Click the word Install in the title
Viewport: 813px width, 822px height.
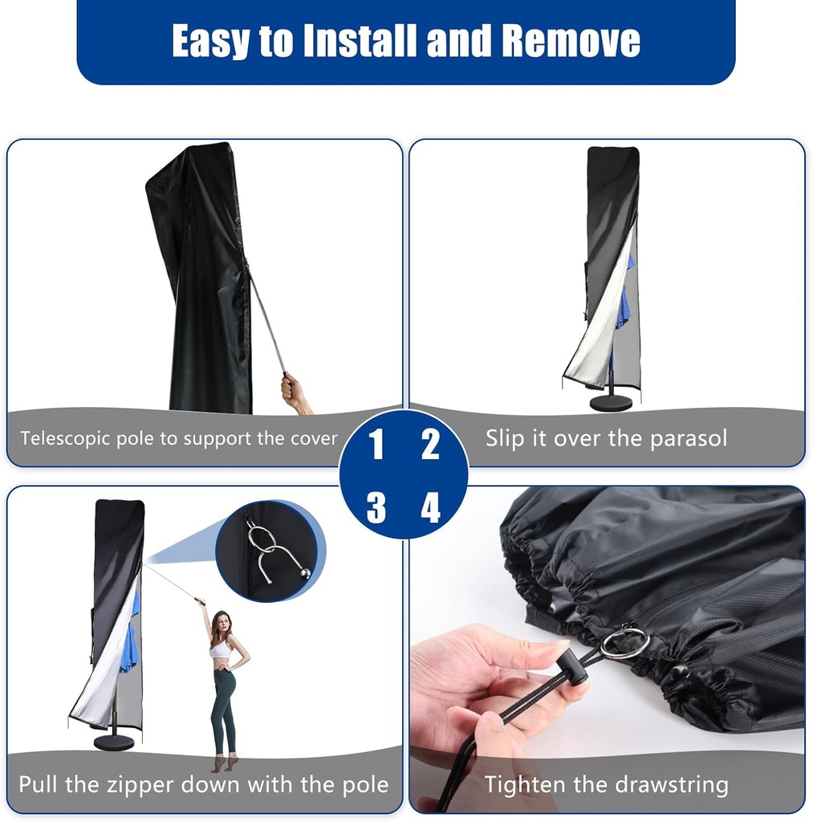pyautogui.click(x=359, y=41)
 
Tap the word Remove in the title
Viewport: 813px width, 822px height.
pyautogui.click(x=571, y=41)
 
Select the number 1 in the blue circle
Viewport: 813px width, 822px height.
pyautogui.click(x=376, y=444)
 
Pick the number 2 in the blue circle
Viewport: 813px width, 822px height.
pyautogui.click(x=431, y=444)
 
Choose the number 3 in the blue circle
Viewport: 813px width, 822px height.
pyautogui.click(x=376, y=507)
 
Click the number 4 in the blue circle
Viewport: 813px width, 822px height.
pyautogui.click(x=431, y=507)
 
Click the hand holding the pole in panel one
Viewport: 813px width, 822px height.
pyautogui.click(x=294, y=392)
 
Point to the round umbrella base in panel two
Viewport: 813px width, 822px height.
pyautogui.click(x=611, y=402)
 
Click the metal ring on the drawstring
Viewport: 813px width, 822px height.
pyautogui.click(x=624, y=643)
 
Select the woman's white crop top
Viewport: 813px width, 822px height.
pyautogui.click(x=219, y=649)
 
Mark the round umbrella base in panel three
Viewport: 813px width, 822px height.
pyautogui.click(x=114, y=742)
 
